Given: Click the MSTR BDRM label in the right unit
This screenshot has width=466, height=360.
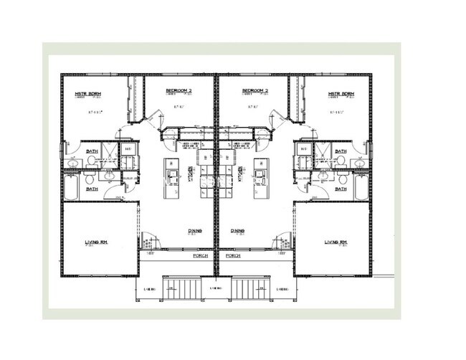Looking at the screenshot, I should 341,94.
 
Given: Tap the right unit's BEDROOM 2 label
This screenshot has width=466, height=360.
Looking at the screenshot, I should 255,91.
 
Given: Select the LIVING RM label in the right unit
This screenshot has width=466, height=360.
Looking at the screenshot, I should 335,242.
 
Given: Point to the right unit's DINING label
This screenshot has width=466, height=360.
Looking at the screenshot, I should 237,231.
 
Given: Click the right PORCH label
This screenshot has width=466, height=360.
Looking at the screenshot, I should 232,255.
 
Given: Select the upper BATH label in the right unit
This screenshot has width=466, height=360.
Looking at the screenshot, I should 340,152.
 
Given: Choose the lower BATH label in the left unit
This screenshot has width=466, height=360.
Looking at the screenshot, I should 92,189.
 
